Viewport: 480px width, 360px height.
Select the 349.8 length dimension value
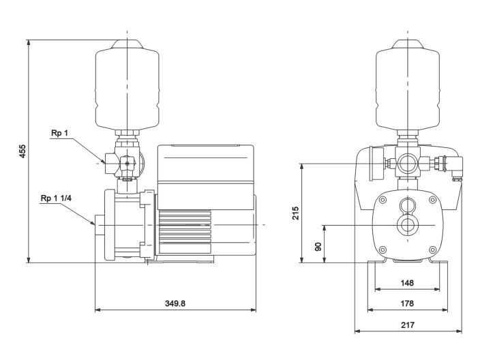(175, 303)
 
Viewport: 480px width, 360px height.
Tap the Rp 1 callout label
(60, 134)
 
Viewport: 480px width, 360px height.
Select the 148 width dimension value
(408, 282)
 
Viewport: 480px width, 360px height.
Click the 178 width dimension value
(408, 303)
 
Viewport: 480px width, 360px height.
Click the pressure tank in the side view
(127, 85)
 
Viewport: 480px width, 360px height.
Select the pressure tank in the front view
(408, 85)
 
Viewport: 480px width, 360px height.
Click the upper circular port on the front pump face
(408, 206)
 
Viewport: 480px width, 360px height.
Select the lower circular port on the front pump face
(408, 225)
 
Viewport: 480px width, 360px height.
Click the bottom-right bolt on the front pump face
(433, 249)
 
